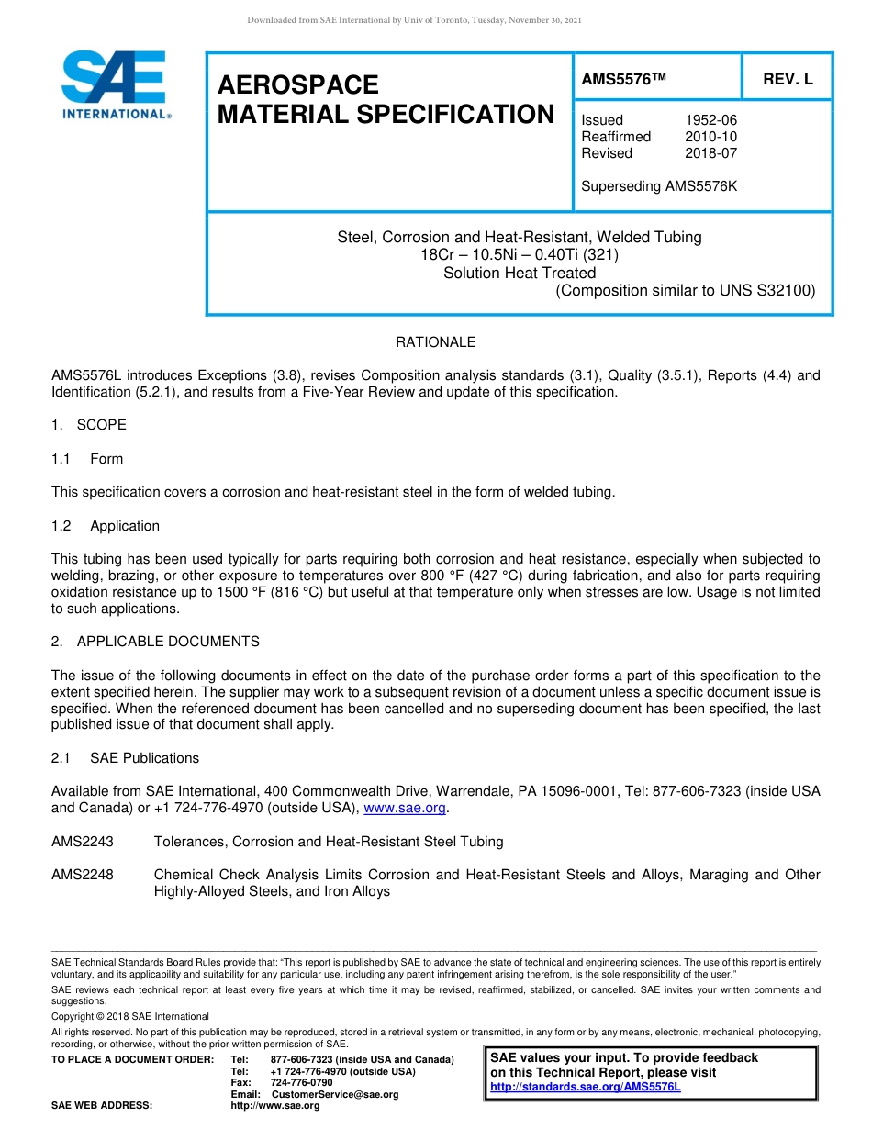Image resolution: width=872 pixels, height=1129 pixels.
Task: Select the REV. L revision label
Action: pyautogui.click(x=788, y=80)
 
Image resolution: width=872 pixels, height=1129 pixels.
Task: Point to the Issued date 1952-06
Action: pyautogui.click(x=710, y=120)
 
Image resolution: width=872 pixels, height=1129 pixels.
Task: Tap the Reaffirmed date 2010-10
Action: pyautogui.click(x=710, y=137)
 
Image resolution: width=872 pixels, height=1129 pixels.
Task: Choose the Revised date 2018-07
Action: pyautogui.click(x=710, y=153)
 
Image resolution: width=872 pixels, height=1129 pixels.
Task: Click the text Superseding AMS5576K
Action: pyautogui.click(x=659, y=186)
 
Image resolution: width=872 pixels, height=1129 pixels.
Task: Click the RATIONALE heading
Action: pyautogui.click(x=435, y=342)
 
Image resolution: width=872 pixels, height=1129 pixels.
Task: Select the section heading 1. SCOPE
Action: pyautogui.click(x=89, y=425)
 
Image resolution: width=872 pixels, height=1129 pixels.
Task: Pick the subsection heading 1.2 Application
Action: pyautogui.click(x=106, y=526)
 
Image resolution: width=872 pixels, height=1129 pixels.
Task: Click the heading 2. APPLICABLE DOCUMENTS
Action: pyautogui.click(x=155, y=642)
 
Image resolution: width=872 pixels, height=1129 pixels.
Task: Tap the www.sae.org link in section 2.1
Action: pyautogui.click(x=405, y=809)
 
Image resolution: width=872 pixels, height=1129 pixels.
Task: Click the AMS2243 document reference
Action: pyautogui.click(x=83, y=842)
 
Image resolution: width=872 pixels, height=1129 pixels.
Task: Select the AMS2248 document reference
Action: pyautogui.click(x=83, y=875)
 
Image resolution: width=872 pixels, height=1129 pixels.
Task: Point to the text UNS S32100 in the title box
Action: pyautogui.click(x=768, y=291)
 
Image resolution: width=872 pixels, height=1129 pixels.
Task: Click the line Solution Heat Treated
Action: pyautogui.click(x=520, y=273)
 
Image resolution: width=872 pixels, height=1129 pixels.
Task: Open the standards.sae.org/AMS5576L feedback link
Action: pyautogui.click(x=586, y=1087)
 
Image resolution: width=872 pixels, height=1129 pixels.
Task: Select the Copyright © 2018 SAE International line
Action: pyautogui.click(x=130, y=1016)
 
